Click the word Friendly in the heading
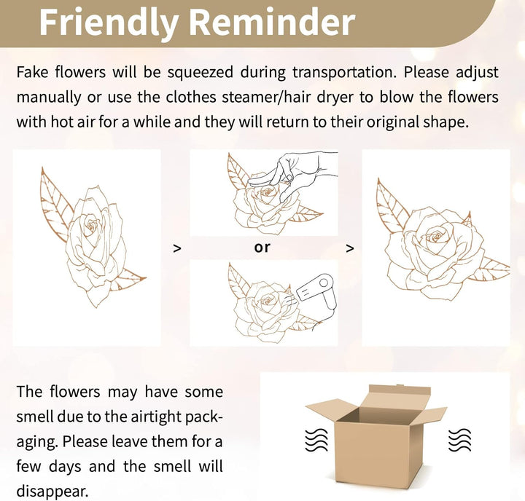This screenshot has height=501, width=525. [108, 23]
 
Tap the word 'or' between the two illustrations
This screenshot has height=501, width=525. [262, 248]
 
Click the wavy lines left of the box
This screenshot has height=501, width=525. [316, 439]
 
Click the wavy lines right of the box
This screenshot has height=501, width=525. [459, 439]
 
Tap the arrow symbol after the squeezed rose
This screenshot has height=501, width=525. [177, 248]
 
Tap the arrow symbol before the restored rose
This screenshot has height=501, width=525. [349, 248]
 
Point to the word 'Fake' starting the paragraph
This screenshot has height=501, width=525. [32, 72]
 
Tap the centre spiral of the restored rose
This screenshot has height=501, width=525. [435, 237]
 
